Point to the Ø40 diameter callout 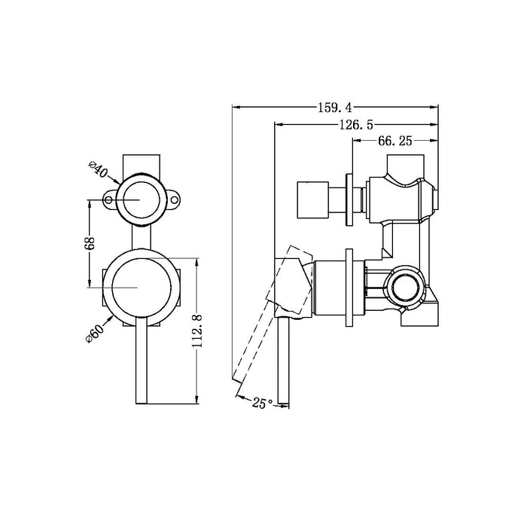[x=99, y=168]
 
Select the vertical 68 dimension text [x=89, y=243]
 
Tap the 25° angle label [x=261, y=404]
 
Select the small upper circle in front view [x=142, y=199]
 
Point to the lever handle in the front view [x=142, y=361]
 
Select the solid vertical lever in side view [x=283, y=361]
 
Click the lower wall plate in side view [x=349, y=288]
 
